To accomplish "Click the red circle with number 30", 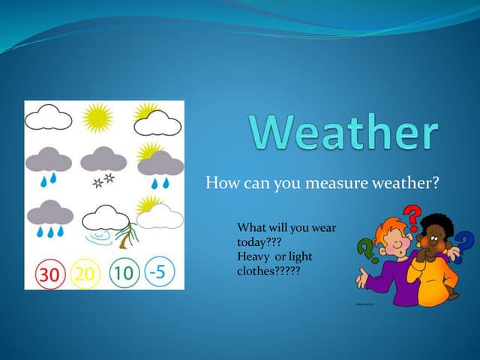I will pyautogui.click(x=48, y=273).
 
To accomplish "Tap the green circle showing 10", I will pyautogui.click(x=124, y=273).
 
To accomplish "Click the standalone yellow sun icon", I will pyautogui.click(x=97, y=118).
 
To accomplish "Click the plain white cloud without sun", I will pyautogui.click(x=49, y=118).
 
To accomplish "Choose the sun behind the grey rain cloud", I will pyautogui.click(x=151, y=149).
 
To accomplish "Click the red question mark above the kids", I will pyautogui.click(x=411, y=218).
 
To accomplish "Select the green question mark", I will pyautogui.click(x=365, y=247).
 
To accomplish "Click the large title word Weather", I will pyautogui.click(x=343, y=133).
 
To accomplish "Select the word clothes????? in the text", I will pyautogui.click(x=268, y=270).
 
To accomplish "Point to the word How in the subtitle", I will pyautogui.click(x=220, y=182).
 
